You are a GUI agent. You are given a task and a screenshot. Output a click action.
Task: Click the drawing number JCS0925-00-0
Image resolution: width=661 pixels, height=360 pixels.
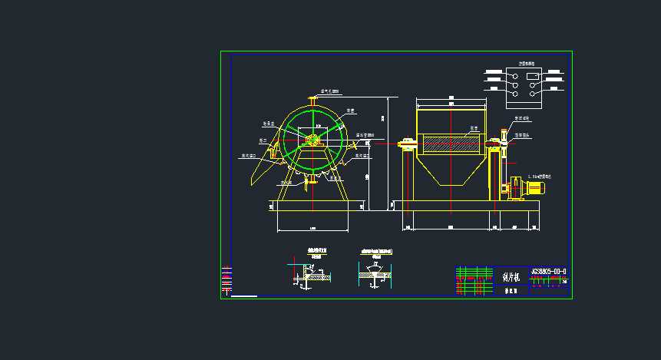point(548,271)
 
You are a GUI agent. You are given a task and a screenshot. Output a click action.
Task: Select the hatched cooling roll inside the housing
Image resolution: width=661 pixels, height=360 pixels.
point(451,144)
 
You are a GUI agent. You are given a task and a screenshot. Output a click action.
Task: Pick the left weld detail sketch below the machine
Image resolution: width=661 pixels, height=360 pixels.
point(311,272)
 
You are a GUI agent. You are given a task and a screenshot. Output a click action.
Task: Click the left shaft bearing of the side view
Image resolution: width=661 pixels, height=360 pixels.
point(407,143)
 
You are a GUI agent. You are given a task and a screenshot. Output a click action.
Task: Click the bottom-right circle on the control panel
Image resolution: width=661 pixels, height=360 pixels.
point(534,94)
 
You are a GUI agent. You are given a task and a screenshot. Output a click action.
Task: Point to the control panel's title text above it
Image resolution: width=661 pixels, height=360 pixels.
point(525,64)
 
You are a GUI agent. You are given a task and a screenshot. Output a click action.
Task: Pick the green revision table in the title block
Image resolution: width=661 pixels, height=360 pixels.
point(474,281)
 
